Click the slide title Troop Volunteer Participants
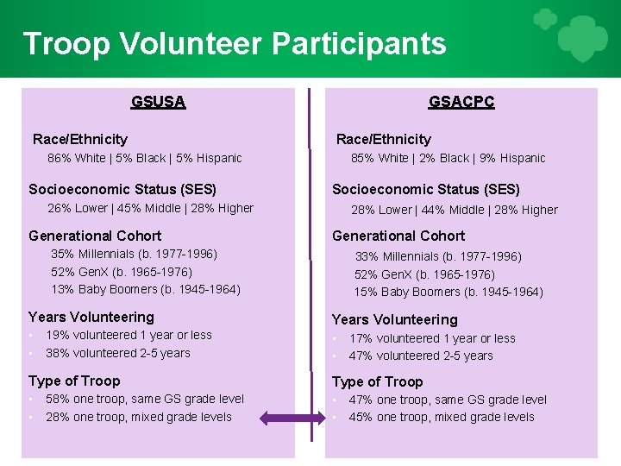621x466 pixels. [x=235, y=43]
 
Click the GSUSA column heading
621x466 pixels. [x=158, y=102]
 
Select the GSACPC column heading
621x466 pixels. [x=461, y=102]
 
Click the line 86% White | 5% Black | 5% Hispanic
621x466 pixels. [x=145, y=158]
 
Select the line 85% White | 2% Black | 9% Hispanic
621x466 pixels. [x=448, y=158]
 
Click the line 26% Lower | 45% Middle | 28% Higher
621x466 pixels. [x=150, y=208]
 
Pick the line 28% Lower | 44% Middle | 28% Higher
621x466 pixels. [x=454, y=210]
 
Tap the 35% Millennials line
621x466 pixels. [x=134, y=254]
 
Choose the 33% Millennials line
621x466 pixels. [x=438, y=256]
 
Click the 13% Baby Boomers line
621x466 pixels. [x=146, y=289]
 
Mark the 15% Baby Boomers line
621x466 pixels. [x=448, y=292]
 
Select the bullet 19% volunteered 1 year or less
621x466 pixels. [x=129, y=335]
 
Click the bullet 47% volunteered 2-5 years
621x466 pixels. [x=421, y=356]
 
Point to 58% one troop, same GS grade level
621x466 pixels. [x=145, y=399]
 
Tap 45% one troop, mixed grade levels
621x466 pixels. [x=442, y=417]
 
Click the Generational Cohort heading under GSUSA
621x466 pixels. [x=95, y=236]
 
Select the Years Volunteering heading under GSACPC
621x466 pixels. [x=394, y=319]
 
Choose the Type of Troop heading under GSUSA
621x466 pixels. [x=74, y=381]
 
